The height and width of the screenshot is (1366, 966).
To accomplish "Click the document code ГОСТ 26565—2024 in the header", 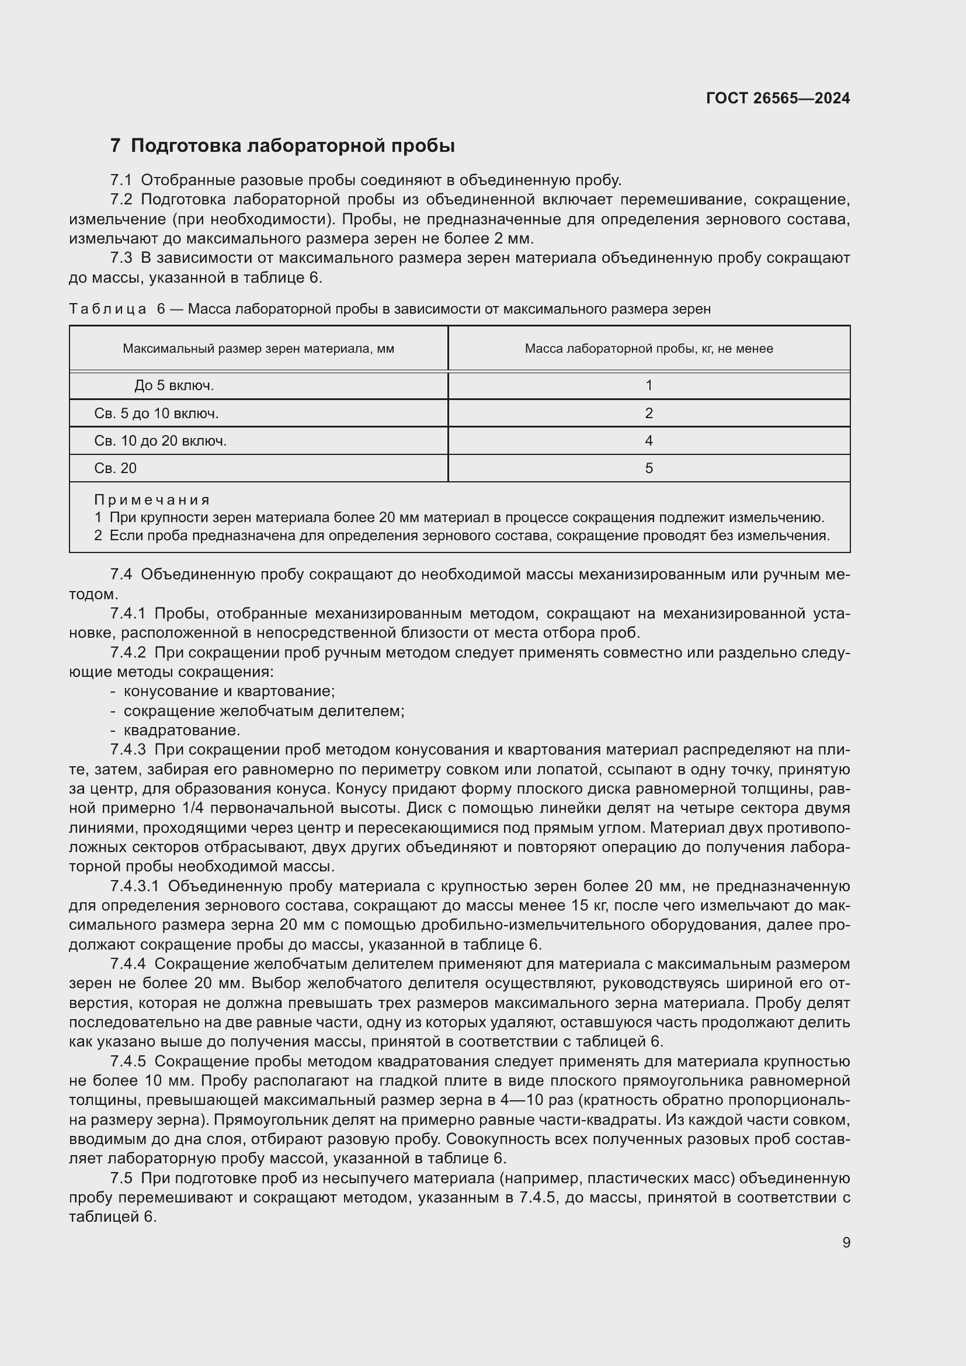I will coord(777,98).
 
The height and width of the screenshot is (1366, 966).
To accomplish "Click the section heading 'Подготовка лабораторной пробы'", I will coord(292,146).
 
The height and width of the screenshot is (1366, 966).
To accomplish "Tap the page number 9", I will coord(846,1242).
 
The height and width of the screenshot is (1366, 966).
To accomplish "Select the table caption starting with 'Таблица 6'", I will coord(390,309).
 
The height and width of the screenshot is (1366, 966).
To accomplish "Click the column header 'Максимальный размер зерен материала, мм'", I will coord(258,349).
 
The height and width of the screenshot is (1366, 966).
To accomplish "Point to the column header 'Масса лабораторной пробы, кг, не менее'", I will coord(648,349).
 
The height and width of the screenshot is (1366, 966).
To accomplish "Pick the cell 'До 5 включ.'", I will coord(173,385).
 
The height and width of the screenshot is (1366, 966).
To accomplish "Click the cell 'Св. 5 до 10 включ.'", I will coord(157,413).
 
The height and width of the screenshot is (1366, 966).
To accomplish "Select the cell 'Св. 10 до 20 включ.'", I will coord(160,441).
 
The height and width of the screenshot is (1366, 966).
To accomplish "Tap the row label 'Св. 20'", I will coord(116,468).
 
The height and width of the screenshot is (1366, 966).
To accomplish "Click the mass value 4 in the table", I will coord(648,441).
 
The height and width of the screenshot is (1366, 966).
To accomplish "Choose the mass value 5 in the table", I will coord(648,468).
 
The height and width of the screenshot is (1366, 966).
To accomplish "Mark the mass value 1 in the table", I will coord(648,385).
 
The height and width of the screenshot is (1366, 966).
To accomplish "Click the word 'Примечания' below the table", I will coord(152,500).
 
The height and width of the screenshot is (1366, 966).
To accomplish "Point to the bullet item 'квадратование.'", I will coord(182,730).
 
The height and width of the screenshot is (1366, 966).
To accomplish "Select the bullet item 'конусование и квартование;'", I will coord(229,691).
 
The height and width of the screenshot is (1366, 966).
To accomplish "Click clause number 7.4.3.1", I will coord(134,887).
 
